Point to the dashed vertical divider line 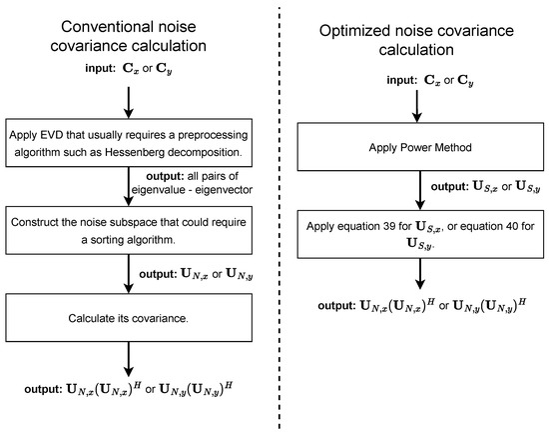coord(278,220)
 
